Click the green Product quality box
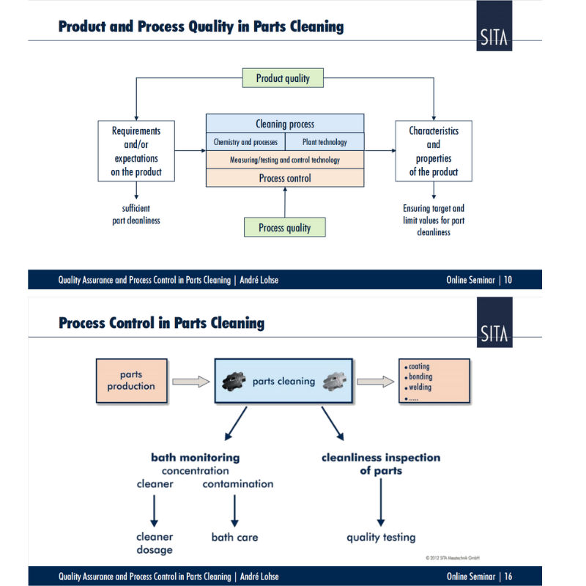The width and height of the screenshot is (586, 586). click(283, 78)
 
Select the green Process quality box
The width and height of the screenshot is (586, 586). click(284, 228)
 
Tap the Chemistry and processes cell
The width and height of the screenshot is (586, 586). click(245, 141)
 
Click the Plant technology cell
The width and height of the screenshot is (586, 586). click(324, 141)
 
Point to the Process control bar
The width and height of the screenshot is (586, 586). click(285, 178)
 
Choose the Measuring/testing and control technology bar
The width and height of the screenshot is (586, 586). click(285, 160)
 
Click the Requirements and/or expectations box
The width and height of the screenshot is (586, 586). click(136, 152)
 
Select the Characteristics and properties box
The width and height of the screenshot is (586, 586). click(434, 152)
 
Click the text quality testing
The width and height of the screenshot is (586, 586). click(381, 537)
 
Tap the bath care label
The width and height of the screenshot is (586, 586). click(234, 537)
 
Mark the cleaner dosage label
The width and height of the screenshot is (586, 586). click(154, 543)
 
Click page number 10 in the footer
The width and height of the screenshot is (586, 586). click(508, 280)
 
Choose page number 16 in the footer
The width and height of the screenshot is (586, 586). click(508, 576)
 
